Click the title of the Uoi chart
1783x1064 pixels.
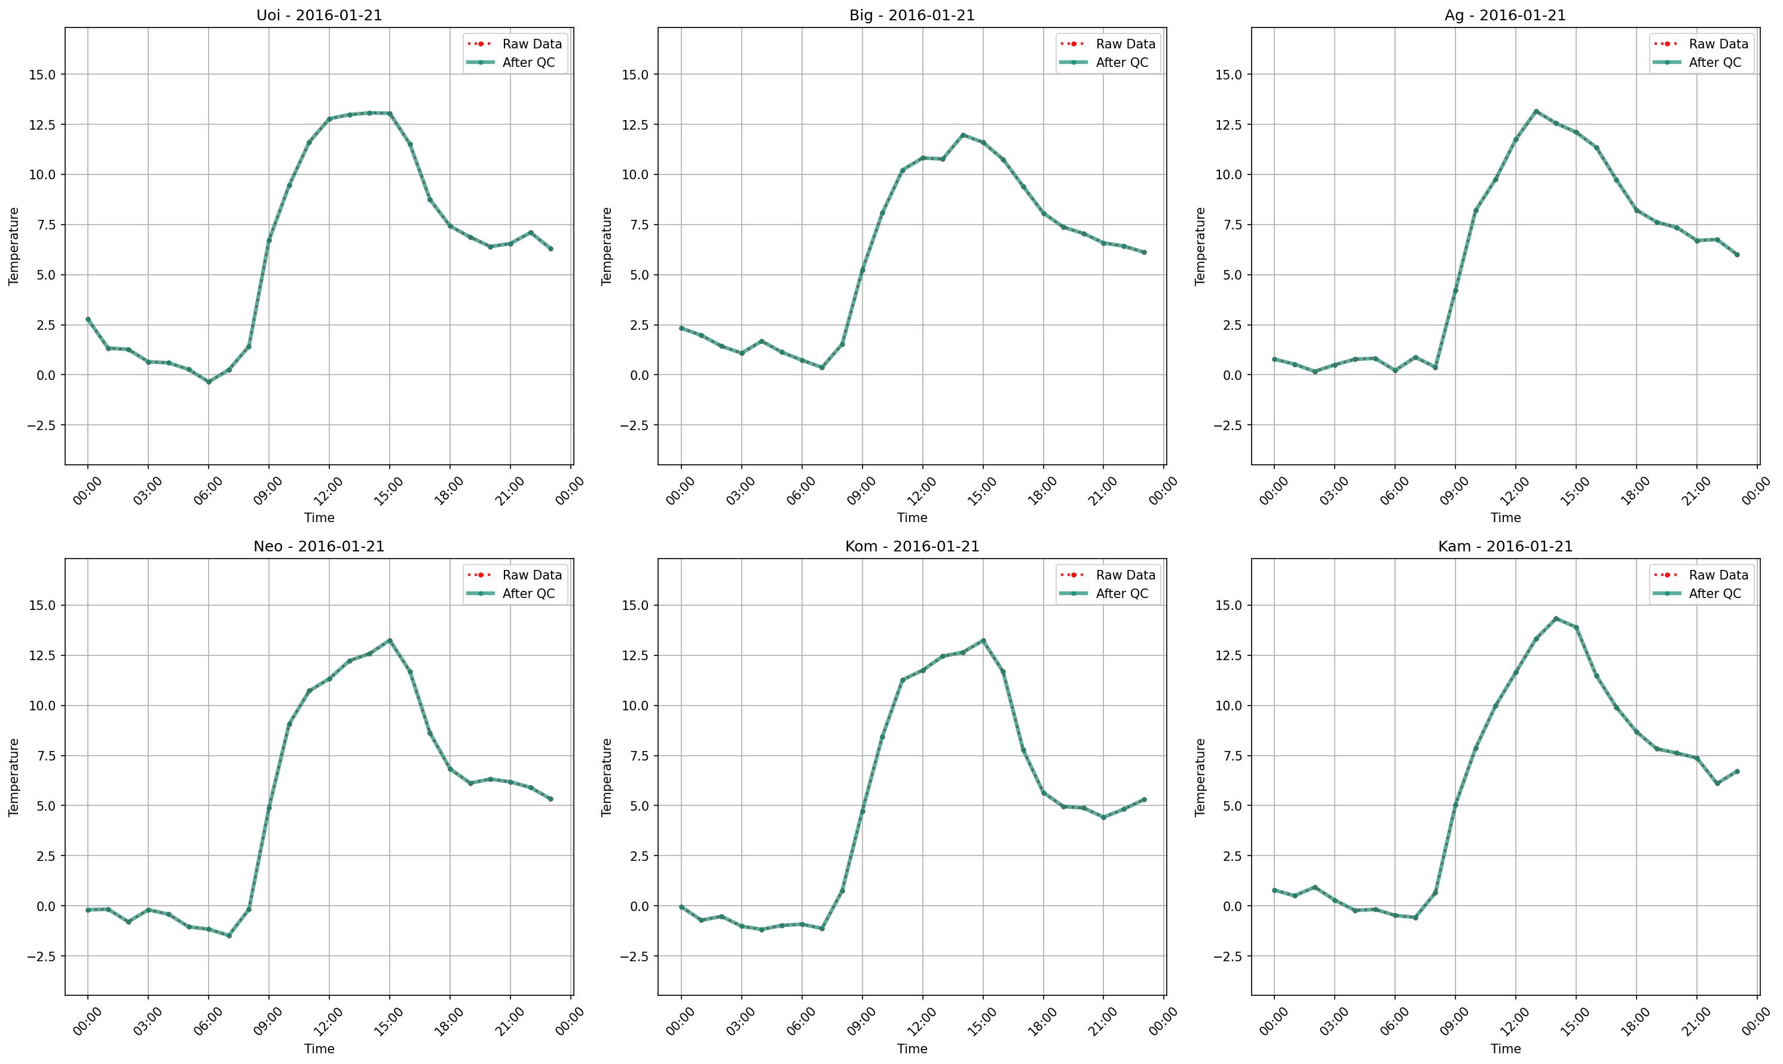tap(319, 15)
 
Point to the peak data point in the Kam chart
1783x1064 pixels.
tap(1556, 618)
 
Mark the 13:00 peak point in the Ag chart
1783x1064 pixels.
tap(1536, 111)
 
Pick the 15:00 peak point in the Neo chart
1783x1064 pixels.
tap(390, 640)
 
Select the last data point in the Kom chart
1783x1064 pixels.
tap(1144, 799)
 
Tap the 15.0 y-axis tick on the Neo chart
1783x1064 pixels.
tap(43, 605)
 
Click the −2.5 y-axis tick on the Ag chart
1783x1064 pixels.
tap(1230, 425)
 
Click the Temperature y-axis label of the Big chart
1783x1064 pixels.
tap(607, 247)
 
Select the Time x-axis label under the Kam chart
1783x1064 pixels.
tap(1506, 1048)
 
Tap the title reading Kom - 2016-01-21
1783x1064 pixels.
tap(912, 547)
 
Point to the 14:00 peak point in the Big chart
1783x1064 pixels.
tap(962, 135)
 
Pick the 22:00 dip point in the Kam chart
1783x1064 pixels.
tap(1717, 784)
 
